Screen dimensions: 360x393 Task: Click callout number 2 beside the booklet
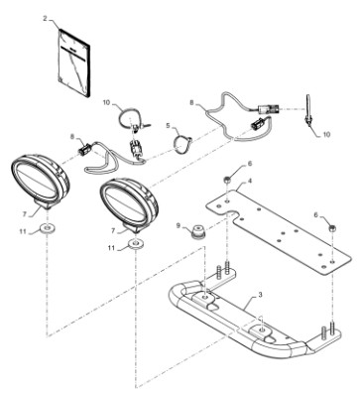pos(46,19)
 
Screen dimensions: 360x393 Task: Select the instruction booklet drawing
pos(73,63)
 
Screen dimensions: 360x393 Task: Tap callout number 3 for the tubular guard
pos(260,295)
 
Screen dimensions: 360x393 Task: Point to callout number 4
pos(250,181)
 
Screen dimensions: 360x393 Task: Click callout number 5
pos(168,126)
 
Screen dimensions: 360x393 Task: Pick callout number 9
pos(179,225)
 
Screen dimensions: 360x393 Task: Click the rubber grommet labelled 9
pos(198,231)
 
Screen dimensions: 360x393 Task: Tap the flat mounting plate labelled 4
pos(277,230)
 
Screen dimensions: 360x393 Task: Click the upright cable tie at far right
pos(308,112)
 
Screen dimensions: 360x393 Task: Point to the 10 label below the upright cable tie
pos(326,135)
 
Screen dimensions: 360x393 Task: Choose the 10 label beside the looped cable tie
pos(106,102)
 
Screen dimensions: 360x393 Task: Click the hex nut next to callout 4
pos(227,181)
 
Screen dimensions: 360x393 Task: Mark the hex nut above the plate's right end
pos(332,228)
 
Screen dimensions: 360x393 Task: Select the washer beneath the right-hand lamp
pos(136,244)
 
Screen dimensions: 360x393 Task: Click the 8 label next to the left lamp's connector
pos(72,136)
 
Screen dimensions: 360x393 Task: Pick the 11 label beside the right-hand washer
pos(112,248)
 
